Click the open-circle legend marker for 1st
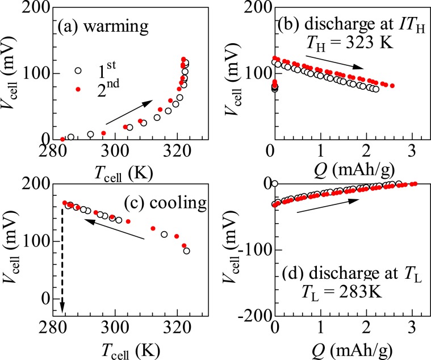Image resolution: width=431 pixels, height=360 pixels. (x=78, y=70)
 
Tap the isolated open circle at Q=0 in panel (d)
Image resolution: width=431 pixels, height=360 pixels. (x=275, y=183)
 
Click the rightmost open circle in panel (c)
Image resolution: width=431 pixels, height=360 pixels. (x=186, y=250)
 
